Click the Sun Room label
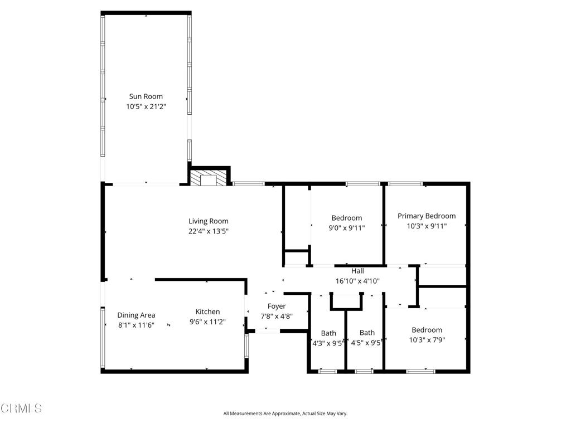click(146, 96)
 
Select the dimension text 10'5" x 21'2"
click(146, 106)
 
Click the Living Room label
click(208, 221)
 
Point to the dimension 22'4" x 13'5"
click(208, 231)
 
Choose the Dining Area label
click(136, 315)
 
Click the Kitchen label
click(207, 312)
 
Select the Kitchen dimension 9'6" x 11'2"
click(207, 322)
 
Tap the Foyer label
click(277, 306)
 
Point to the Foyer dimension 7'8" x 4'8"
click(277, 316)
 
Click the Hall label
click(357, 271)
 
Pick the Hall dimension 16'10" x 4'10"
click(357, 281)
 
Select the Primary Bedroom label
click(426, 216)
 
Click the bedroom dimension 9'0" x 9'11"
click(347, 227)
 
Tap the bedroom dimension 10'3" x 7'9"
click(427, 339)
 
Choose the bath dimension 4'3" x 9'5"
click(328, 343)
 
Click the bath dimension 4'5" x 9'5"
click(366, 343)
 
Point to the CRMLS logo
click(21, 408)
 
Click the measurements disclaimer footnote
click(285, 414)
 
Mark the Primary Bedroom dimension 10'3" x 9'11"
click(426, 226)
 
